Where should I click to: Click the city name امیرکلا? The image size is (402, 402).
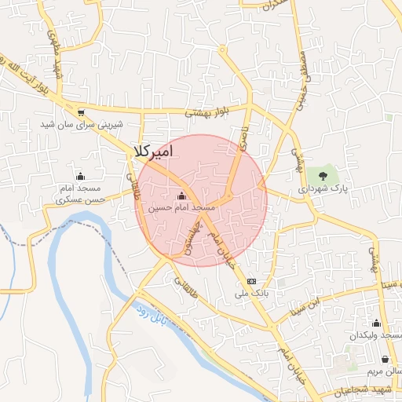[x=153, y=150]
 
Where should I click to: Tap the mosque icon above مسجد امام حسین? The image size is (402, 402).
[x=182, y=196]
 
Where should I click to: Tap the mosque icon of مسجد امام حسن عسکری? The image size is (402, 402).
[x=79, y=176]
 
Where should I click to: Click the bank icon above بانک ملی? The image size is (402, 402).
[x=251, y=281]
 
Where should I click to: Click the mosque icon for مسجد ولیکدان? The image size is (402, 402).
[x=376, y=323]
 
